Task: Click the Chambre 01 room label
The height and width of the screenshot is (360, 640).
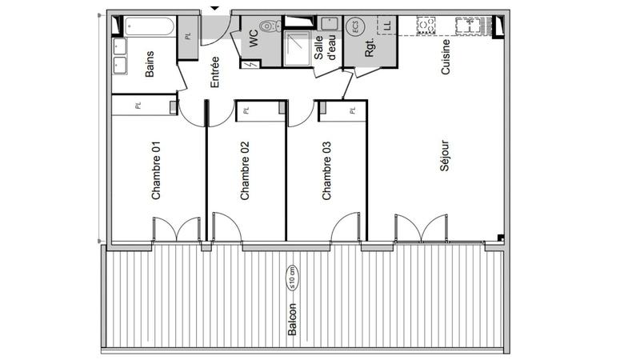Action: (x=157, y=170)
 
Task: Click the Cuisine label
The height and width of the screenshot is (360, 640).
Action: (x=446, y=58)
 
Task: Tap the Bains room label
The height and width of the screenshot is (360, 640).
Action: (x=150, y=65)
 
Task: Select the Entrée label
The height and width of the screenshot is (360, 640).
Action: (x=214, y=71)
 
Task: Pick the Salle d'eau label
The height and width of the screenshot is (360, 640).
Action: (x=324, y=46)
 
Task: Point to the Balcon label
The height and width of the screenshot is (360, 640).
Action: (x=293, y=319)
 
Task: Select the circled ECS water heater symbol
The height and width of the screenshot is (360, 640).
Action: (x=354, y=26)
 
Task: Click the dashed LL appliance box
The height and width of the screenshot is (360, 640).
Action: (x=387, y=25)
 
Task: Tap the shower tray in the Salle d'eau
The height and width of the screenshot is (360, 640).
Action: (x=298, y=48)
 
